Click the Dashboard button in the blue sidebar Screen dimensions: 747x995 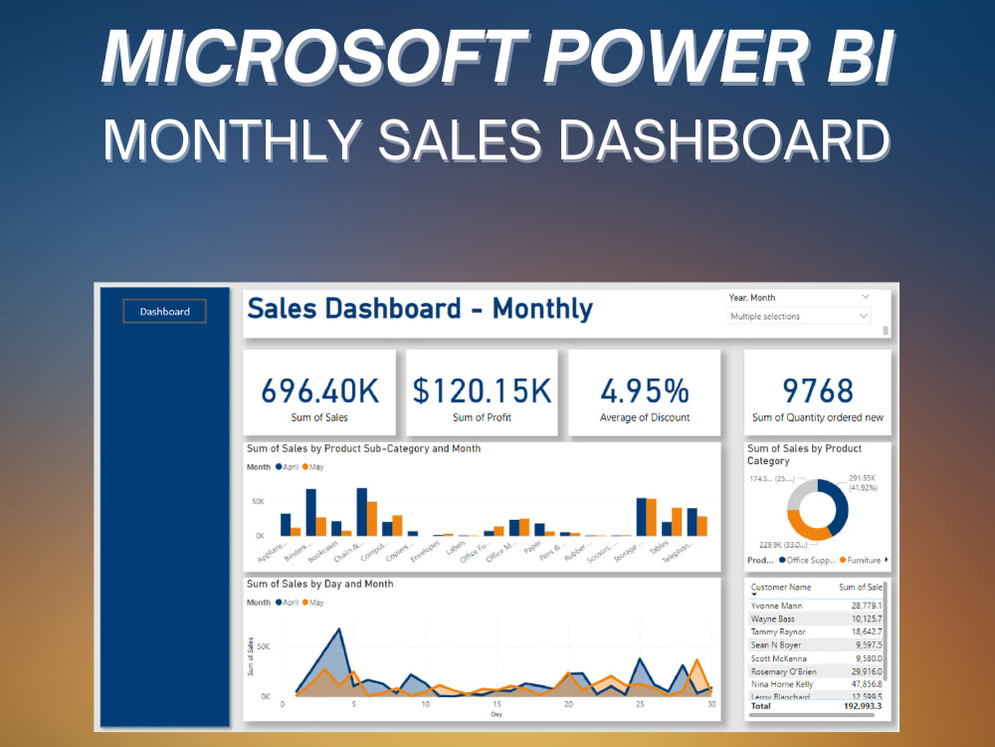pos(164,312)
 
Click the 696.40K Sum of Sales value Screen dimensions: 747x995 pos(318,390)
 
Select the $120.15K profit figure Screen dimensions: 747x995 pos(482,390)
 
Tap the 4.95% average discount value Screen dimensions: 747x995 pos(645,390)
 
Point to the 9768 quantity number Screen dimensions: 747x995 pos(818,390)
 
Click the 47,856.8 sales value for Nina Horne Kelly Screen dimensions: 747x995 pos(861,684)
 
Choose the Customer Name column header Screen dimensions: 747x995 pos(780,588)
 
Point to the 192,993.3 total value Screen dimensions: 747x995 pos(859,705)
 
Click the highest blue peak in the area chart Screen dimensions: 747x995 pos(340,629)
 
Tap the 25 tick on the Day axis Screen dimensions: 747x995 pos(641,705)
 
